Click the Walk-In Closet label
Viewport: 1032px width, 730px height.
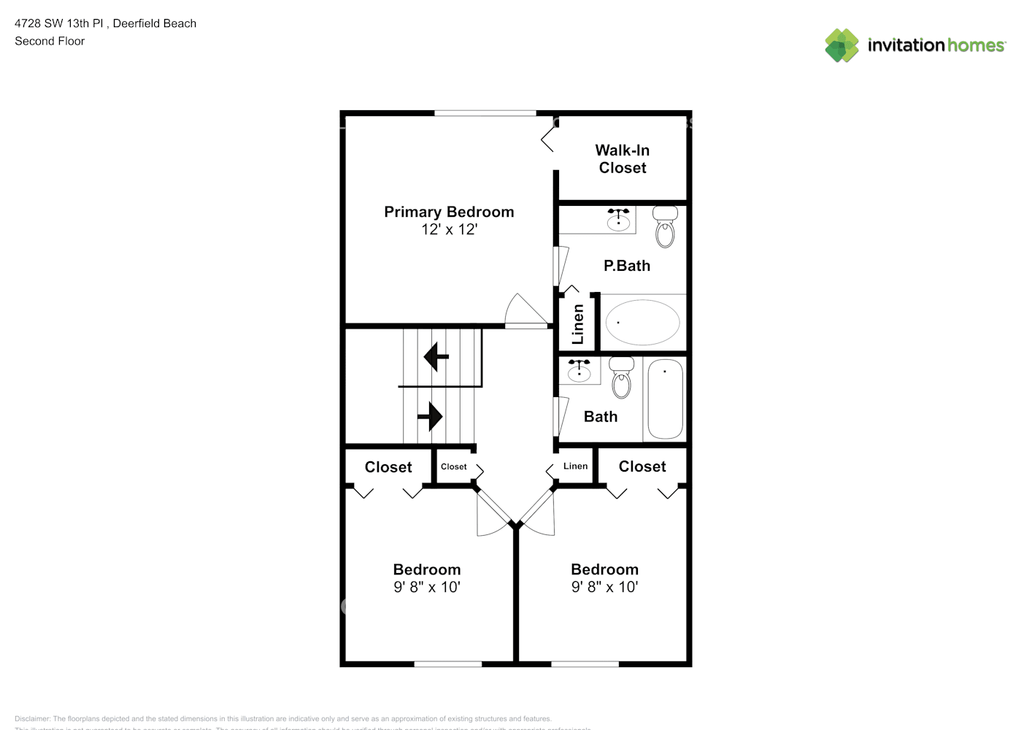click(x=622, y=159)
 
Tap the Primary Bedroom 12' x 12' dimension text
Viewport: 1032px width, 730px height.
click(x=449, y=229)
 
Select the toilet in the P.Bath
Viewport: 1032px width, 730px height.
click(x=665, y=226)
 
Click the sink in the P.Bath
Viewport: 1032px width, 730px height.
click(x=618, y=220)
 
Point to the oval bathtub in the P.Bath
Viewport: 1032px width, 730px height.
click(x=642, y=322)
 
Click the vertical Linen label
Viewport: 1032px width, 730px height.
click(x=578, y=324)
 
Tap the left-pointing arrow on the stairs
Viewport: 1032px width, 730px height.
click(x=436, y=357)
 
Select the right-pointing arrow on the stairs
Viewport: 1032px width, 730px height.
click(x=431, y=417)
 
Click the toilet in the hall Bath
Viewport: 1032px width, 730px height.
click(x=622, y=377)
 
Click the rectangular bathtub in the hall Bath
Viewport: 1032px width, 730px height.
click(x=665, y=399)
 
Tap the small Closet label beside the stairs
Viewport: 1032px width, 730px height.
click(x=453, y=466)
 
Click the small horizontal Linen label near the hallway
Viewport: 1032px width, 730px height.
click(x=575, y=466)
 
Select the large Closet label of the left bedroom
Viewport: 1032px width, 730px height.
click(x=388, y=467)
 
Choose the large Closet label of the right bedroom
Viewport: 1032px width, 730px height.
click(x=642, y=466)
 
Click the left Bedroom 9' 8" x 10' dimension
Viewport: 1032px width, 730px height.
click(x=427, y=587)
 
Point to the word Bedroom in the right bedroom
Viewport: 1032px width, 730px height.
click(x=604, y=569)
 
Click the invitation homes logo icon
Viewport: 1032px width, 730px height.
click(x=842, y=45)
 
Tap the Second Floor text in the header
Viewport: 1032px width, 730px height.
click(x=50, y=41)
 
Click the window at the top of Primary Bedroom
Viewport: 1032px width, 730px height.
click(x=485, y=113)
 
